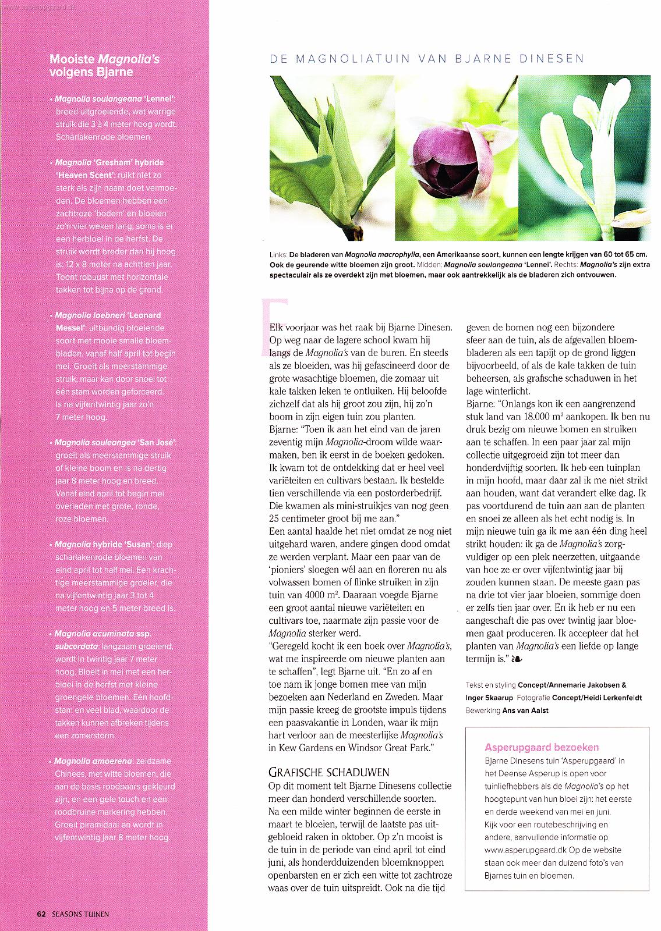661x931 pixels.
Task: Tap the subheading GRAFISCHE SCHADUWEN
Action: pos(328,773)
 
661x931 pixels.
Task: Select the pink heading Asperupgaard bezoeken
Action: pos(541,747)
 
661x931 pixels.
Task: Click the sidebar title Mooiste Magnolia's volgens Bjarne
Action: pos(105,66)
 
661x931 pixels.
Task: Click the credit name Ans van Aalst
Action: pos(525,710)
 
